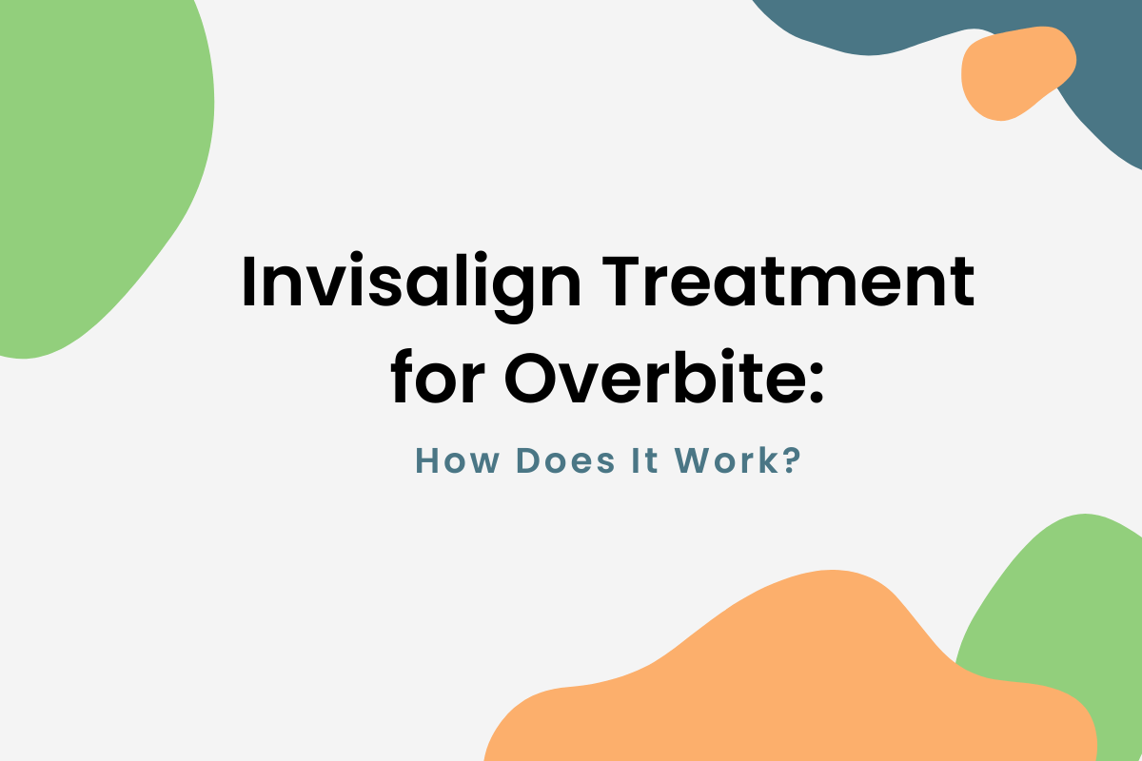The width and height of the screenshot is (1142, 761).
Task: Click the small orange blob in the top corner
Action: point(1016,72)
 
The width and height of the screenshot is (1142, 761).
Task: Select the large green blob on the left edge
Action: point(95,171)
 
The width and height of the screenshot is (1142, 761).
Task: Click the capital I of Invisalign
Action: point(248,283)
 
